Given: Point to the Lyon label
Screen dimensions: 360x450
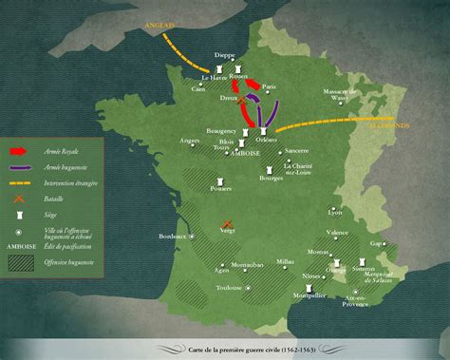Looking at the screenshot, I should coord(334,212).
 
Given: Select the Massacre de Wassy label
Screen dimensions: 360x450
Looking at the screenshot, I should coord(337,94).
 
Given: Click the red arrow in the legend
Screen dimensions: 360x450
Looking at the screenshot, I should coord(18,150).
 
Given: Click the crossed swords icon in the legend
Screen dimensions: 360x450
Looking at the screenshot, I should coord(18,199).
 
